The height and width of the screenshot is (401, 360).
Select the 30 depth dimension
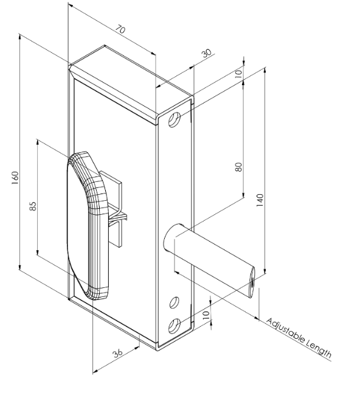[207, 54]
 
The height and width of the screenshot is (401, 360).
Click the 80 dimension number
[239, 166]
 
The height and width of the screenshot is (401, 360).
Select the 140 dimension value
[260, 200]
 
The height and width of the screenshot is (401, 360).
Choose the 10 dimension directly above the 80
[238, 72]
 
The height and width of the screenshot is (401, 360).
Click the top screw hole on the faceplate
[175, 120]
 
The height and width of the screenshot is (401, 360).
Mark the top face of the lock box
[131, 79]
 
